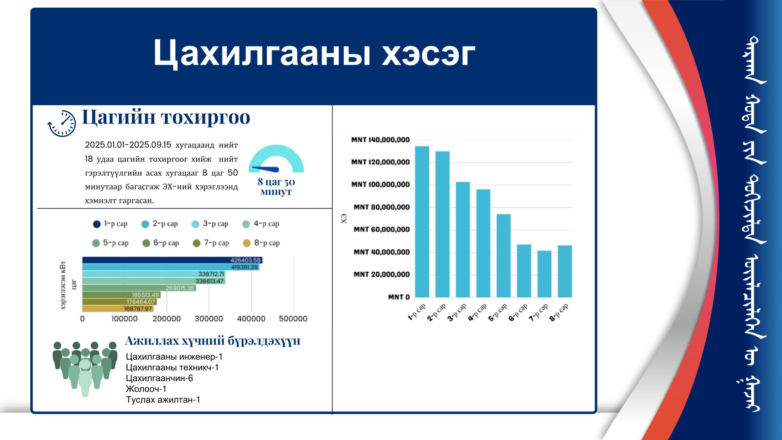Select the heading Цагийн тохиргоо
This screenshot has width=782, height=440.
(166, 117)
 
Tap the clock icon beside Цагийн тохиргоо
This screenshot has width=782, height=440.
(62, 123)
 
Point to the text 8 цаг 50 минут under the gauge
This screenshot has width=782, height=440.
(276, 186)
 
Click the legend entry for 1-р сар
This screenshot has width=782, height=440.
(110, 224)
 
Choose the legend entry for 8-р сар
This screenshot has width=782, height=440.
(261, 243)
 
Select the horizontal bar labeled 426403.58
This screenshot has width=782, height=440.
(172, 260)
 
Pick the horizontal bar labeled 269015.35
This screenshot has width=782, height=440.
(139, 288)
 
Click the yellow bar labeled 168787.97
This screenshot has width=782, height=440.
(118, 309)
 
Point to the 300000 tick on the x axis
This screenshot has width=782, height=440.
(209, 319)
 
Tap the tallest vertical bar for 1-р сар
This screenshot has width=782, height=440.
(422, 222)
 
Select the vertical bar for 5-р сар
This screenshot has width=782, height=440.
(503, 255)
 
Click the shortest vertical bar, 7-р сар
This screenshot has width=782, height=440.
(544, 274)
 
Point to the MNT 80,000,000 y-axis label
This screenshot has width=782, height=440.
(382, 207)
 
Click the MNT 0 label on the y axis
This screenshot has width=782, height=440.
(399, 297)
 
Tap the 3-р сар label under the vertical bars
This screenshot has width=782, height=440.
(457, 312)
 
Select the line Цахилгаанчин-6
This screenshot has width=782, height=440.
(159, 378)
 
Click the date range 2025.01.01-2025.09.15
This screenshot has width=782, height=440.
(128, 145)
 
